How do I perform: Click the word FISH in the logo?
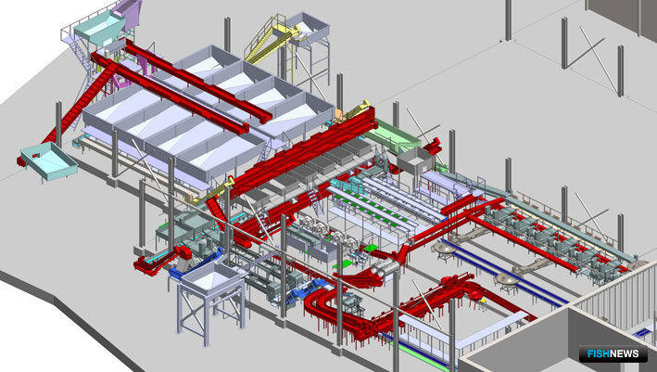click(x=599, y=353)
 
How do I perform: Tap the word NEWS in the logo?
click(x=625, y=353)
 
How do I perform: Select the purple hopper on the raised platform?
click(x=128, y=12)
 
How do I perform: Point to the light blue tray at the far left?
click(x=48, y=161)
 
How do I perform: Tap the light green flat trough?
click(x=393, y=136)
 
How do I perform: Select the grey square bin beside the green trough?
click(x=415, y=160)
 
